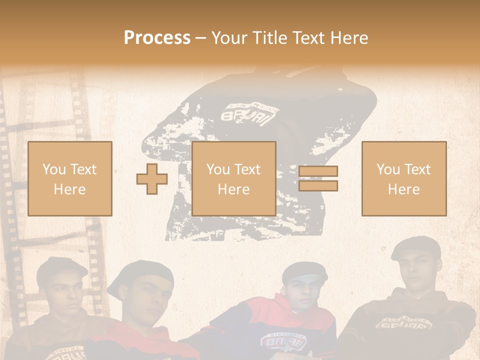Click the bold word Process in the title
pos(157,37)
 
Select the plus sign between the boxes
pos(152,179)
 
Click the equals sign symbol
pos(318,178)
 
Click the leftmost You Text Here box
pos(70,178)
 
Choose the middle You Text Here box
pos(234,178)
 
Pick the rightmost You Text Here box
pos(404,178)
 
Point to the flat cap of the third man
pos(304,271)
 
